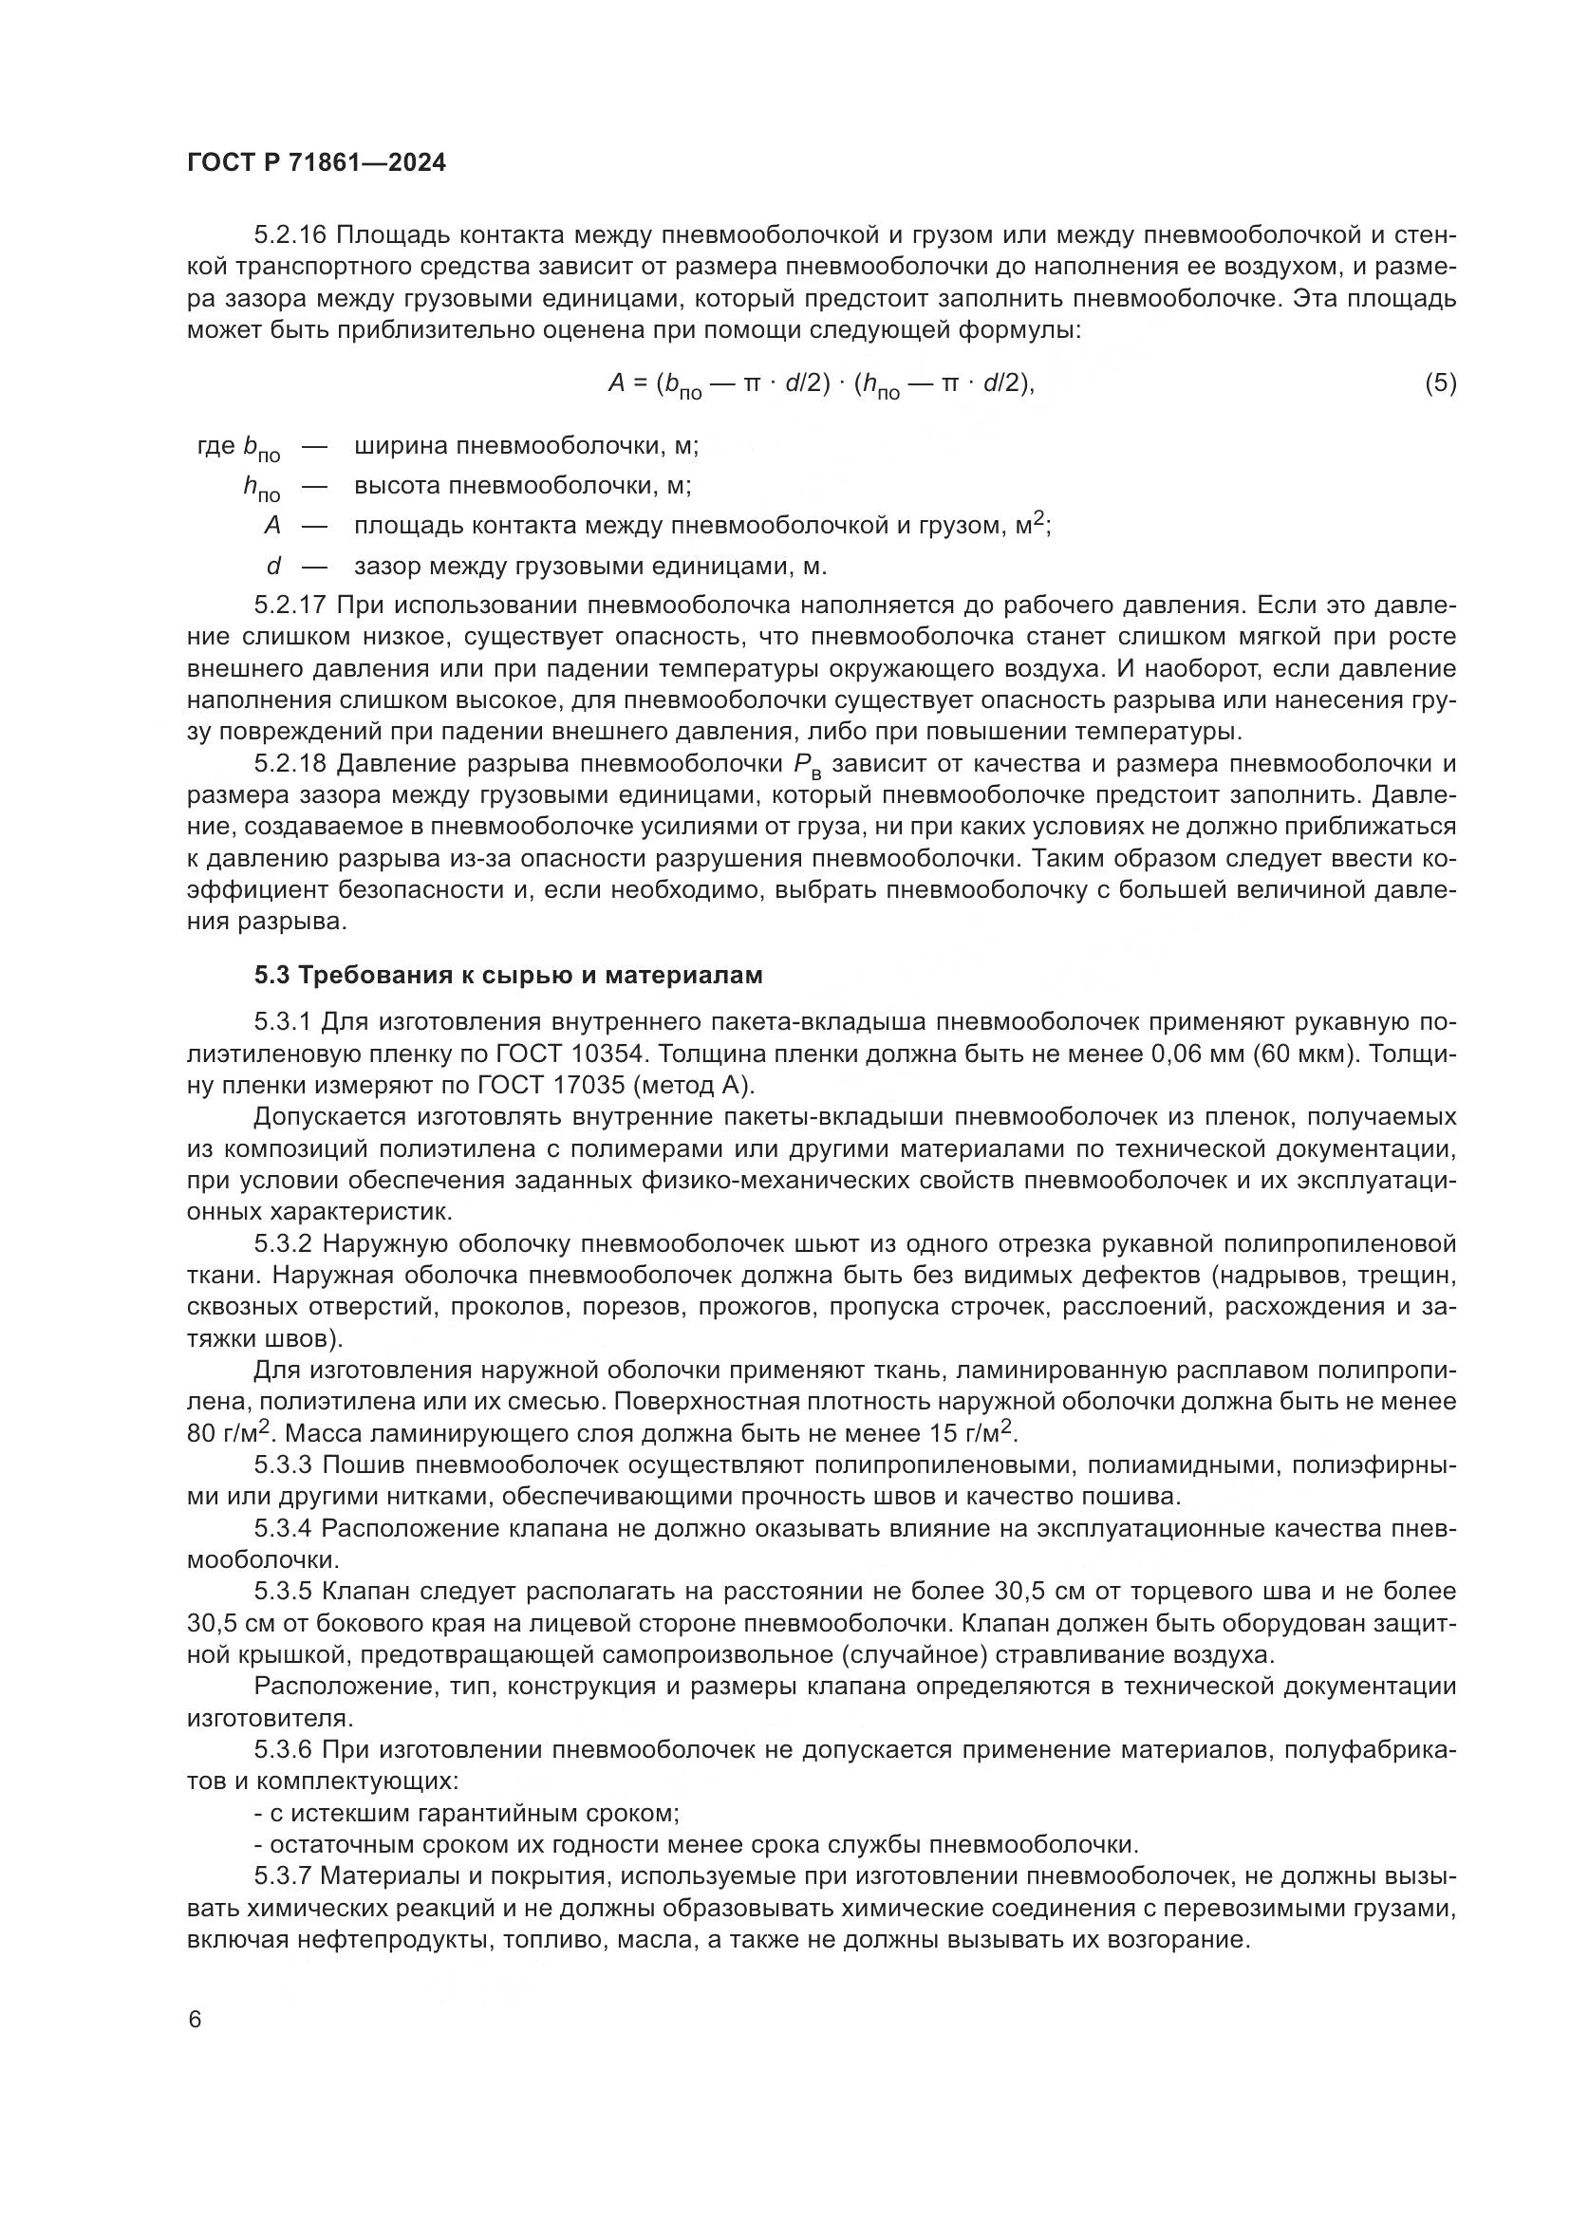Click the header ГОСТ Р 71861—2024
click(x=316, y=163)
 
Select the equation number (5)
click(x=1440, y=383)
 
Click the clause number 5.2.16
click(x=290, y=235)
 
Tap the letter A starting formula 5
click(x=617, y=383)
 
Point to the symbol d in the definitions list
click(x=273, y=566)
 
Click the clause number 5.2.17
click(x=290, y=606)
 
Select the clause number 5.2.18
click(x=290, y=764)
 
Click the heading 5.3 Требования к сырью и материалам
click(x=509, y=976)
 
